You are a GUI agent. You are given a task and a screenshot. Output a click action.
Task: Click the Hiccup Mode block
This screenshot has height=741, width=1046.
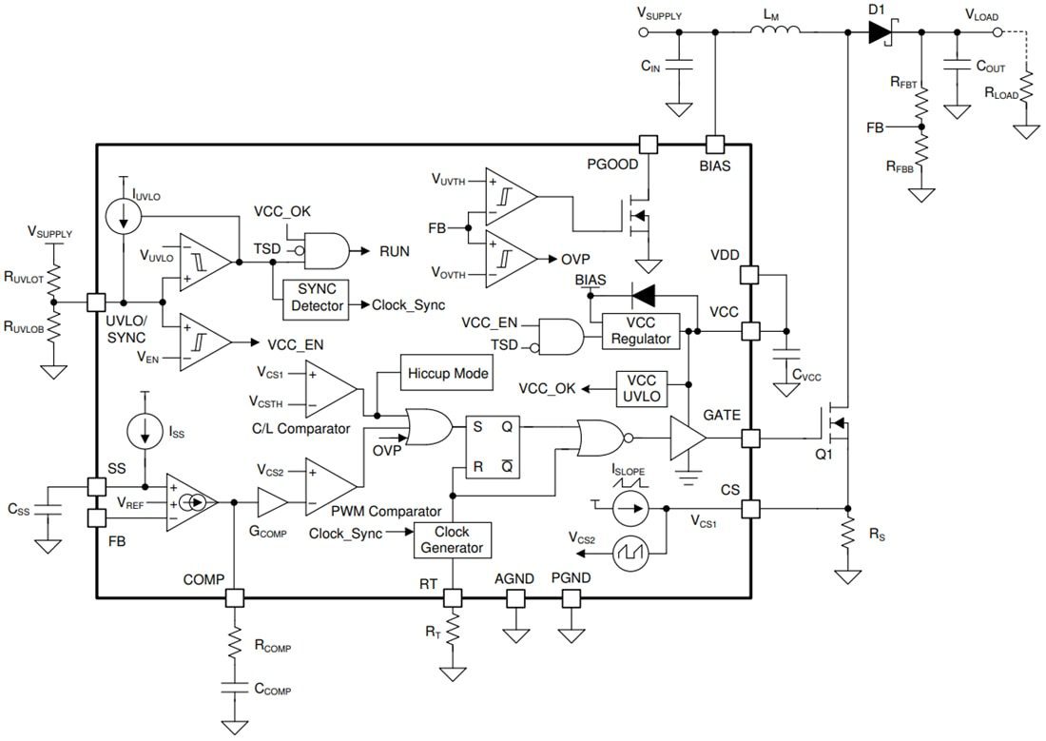pyautogui.click(x=449, y=373)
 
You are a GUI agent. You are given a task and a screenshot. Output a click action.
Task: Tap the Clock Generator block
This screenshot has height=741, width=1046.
pyautogui.click(x=453, y=539)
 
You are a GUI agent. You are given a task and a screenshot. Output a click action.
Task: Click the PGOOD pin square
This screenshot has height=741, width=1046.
pyautogui.click(x=648, y=144)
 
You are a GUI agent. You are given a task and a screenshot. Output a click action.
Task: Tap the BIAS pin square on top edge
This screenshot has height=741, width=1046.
pyautogui.click(x=715, y=144)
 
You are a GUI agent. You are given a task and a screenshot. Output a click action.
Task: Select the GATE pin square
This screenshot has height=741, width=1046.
pyautogui.click(x=750, y=439)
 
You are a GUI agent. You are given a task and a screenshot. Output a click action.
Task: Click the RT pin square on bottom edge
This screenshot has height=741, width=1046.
pyautogui.click(x=453, y=598)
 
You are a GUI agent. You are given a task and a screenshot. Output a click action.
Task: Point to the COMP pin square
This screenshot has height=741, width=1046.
pyautogui.click(x=234, y=598)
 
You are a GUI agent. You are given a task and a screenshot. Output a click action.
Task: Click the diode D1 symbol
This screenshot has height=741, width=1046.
pyautogui.click(x=879, y=31)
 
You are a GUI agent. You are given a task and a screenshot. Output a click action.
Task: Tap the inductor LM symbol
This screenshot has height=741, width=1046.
pyautogui.click(x=775, y=31)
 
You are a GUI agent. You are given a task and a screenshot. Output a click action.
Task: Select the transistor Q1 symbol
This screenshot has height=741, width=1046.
pyautogui.click(x=836, y=426)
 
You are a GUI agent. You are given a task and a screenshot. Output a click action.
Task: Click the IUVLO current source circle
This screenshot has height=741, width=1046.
pyautogui.click(x=125, y=217)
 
